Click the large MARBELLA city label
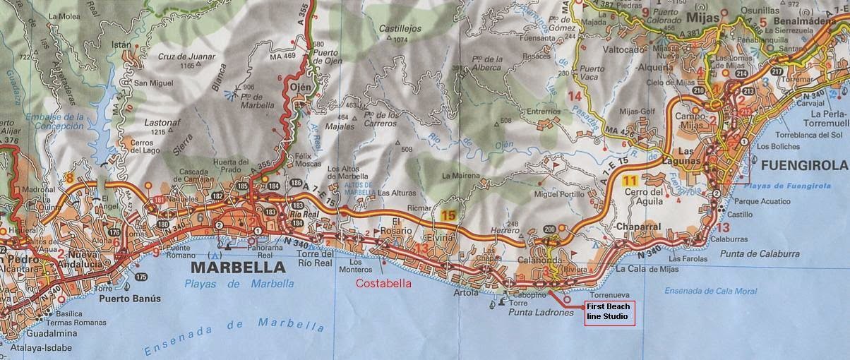pyautogui.click(x=238, y=268)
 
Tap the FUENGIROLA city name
pyautogui.click(x=804, y=165)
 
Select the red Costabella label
pyautogui.click(x=383, y=284)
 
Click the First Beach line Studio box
pyautogui.click(x=610, y=312)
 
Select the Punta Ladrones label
pyautogui.click(x=540, y=313)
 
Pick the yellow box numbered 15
pyautogui.click(x=447, y=215)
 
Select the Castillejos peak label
pyautogui.click(x=400, y=29)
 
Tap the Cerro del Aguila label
pyautogui.click(x=642, y=196)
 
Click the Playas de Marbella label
pyautogui.click(x=239, y=284)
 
